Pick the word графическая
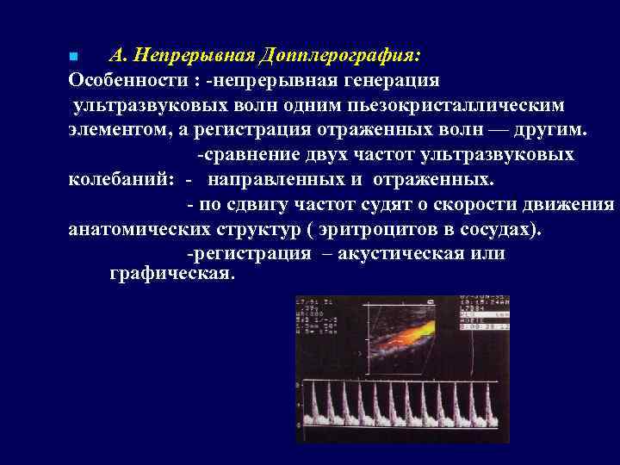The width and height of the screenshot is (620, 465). pos(171,274)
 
